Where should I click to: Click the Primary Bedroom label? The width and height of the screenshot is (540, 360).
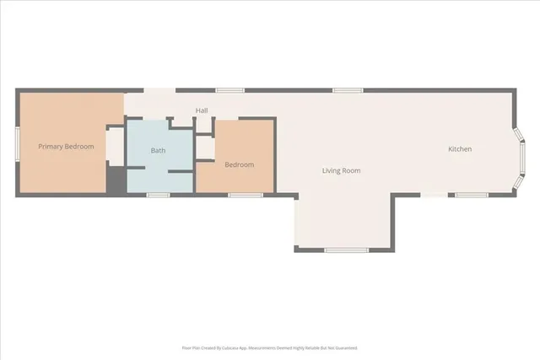pyautogui.click(x=66, y=147)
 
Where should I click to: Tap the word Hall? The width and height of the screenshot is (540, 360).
pyautogui.click(x=202, y=110)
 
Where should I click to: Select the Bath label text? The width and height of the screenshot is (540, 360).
pyautogui.click(x=159, y=151)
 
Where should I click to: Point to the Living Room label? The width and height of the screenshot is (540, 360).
pyautogui.click(x=341, y=170)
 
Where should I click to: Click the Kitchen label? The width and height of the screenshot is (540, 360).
pyautogui.click(x=460, y=149)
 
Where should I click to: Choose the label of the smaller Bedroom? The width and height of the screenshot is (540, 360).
pyautogui.click(x=239, y=164)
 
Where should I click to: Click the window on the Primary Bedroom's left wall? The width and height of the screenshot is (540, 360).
pyautogui.click(x=18, y=146)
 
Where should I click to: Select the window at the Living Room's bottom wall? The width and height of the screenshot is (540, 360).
pyautogui.click(x=346, y=250)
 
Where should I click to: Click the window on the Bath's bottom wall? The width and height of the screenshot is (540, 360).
pyautogui.click(x=159, y=195)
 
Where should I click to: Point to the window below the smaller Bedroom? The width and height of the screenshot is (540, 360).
pyautogui.click(x=245, y=195)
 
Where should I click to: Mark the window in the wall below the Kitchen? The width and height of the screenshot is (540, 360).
pyautogui.click(x=472, y=195)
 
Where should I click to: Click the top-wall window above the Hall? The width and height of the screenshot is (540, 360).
pyautogui.click(x=229, y=89)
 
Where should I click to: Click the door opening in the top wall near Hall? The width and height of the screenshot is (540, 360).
pyautogui.click(x=159, y=89)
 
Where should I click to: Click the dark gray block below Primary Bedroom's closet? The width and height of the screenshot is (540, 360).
pyautogui.click(x=115, y=179)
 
